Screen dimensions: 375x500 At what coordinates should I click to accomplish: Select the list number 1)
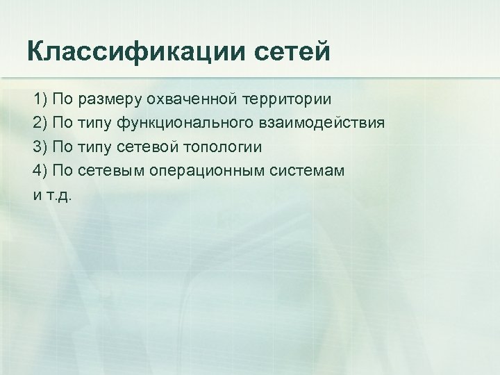tap(40, 99)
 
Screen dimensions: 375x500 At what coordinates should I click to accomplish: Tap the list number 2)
tap(40, 123)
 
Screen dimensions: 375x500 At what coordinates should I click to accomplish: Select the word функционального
tap(201, 123)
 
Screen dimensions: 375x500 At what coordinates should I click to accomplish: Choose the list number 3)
tap(40, 147)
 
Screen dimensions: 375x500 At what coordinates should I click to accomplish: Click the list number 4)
tap(40, 171)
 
